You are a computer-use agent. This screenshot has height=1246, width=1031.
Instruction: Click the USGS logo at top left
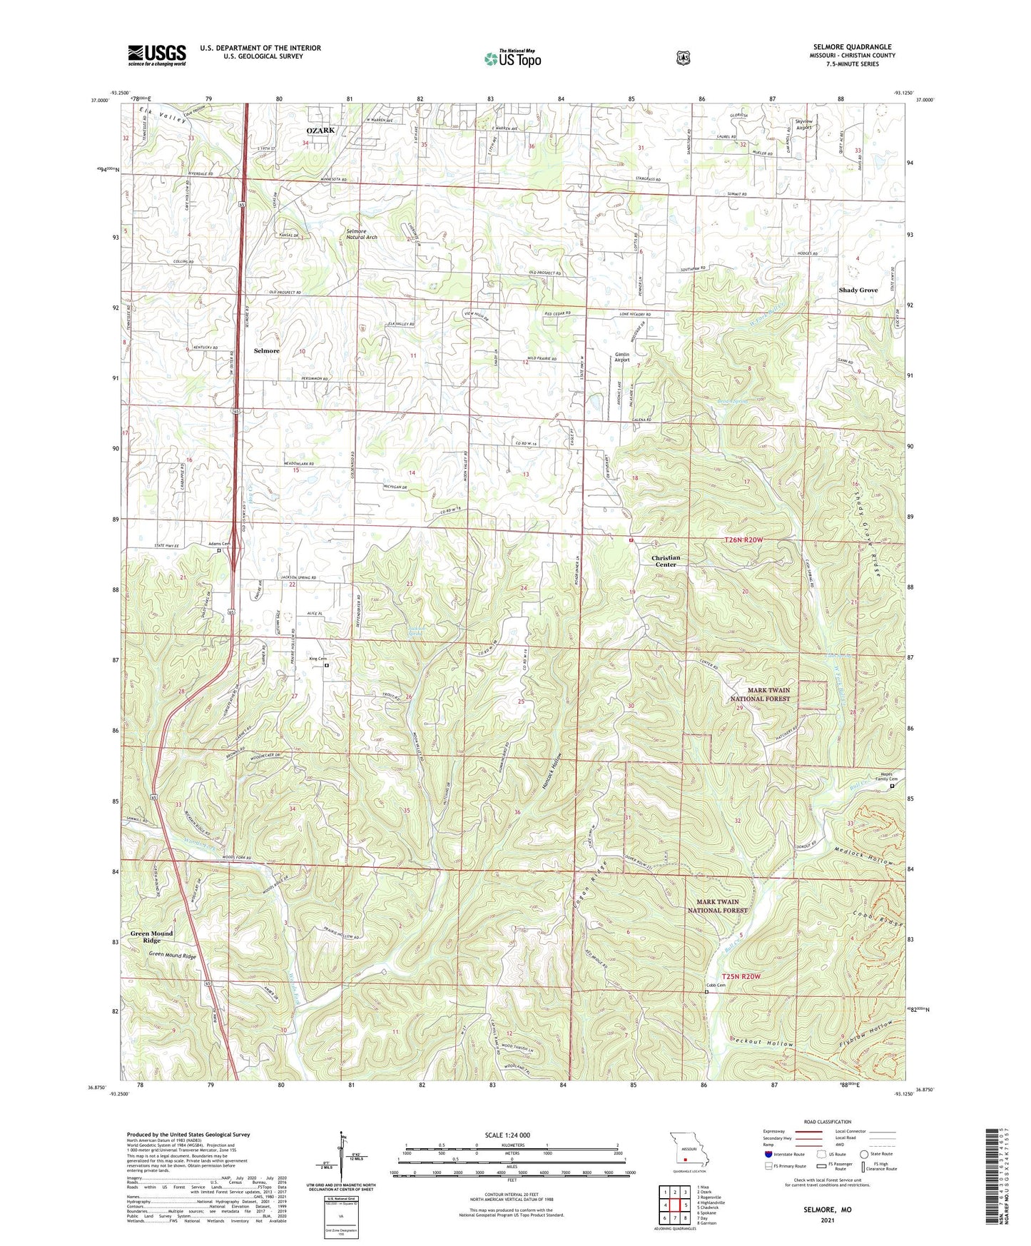[x=157, y=55]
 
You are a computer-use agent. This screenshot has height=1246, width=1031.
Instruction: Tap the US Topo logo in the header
[x=512, y=59]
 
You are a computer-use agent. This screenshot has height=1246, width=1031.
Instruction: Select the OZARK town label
[x=320, y=131]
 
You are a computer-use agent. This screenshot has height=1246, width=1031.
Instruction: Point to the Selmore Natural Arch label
[x=362, y=234]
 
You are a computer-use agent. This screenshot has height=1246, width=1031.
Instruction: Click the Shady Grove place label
[x=858, y=290]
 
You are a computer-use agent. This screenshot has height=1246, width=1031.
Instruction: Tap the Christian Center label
[x=666, y=561]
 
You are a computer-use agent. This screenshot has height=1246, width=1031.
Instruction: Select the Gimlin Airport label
[x=622, y=357]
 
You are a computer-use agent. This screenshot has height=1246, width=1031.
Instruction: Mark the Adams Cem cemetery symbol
[x=219, y=551]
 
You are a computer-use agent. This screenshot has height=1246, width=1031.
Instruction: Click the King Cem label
[x=318, y=658]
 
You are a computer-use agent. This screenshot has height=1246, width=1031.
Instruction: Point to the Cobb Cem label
[x=716, y=986]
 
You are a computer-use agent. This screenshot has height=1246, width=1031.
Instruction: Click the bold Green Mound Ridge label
[x=151, y=937]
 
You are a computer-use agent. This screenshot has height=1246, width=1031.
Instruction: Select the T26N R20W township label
[x=743, y=540]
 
